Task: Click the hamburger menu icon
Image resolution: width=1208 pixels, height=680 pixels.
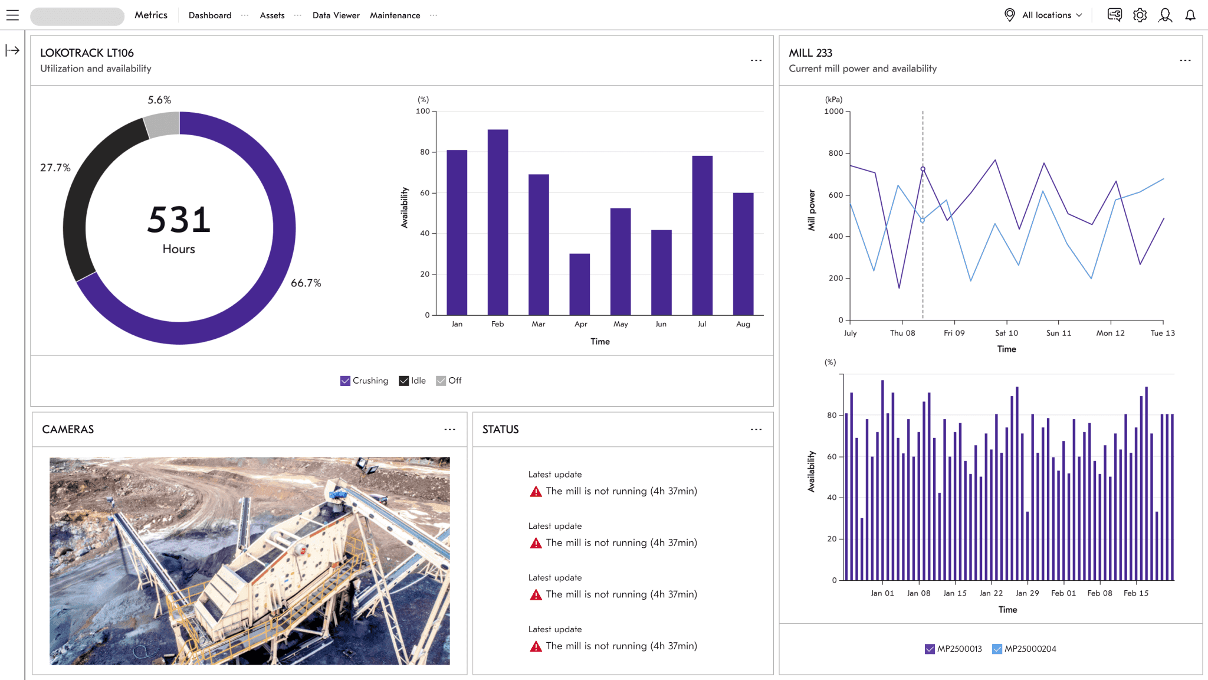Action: [x=12, y=15]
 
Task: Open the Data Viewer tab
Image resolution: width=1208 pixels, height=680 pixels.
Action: [x=336, y=15]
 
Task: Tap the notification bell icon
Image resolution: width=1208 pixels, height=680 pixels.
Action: [x=1190, y=15]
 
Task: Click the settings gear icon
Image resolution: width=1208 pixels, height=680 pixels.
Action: [x=1140, y=15]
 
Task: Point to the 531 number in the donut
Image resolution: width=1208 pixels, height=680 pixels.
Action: [x=179, y=220]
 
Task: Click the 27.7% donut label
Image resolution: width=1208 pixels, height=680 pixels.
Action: [x=55, y=168]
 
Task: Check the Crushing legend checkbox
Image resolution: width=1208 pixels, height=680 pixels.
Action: [x=345, y=381]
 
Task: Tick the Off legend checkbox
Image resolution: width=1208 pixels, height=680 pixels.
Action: [x=441, y=381]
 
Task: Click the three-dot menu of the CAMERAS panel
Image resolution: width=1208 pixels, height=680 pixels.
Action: [x=449, y=430]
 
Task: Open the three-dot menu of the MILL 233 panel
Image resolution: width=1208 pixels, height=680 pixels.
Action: [x=1185, y=61]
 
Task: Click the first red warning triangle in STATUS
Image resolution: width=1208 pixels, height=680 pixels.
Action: [x=536, y=492]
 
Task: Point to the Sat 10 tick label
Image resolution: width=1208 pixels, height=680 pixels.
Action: [x=1006, y=333]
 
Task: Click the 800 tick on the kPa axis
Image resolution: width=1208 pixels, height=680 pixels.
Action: [x=835, y=153]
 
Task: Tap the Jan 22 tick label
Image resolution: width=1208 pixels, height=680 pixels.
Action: [x=991, y=593]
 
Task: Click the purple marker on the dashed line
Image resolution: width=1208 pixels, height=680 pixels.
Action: [x=923, y=169]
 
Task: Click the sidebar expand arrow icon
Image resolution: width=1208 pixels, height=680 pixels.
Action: [x=12, y=51]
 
